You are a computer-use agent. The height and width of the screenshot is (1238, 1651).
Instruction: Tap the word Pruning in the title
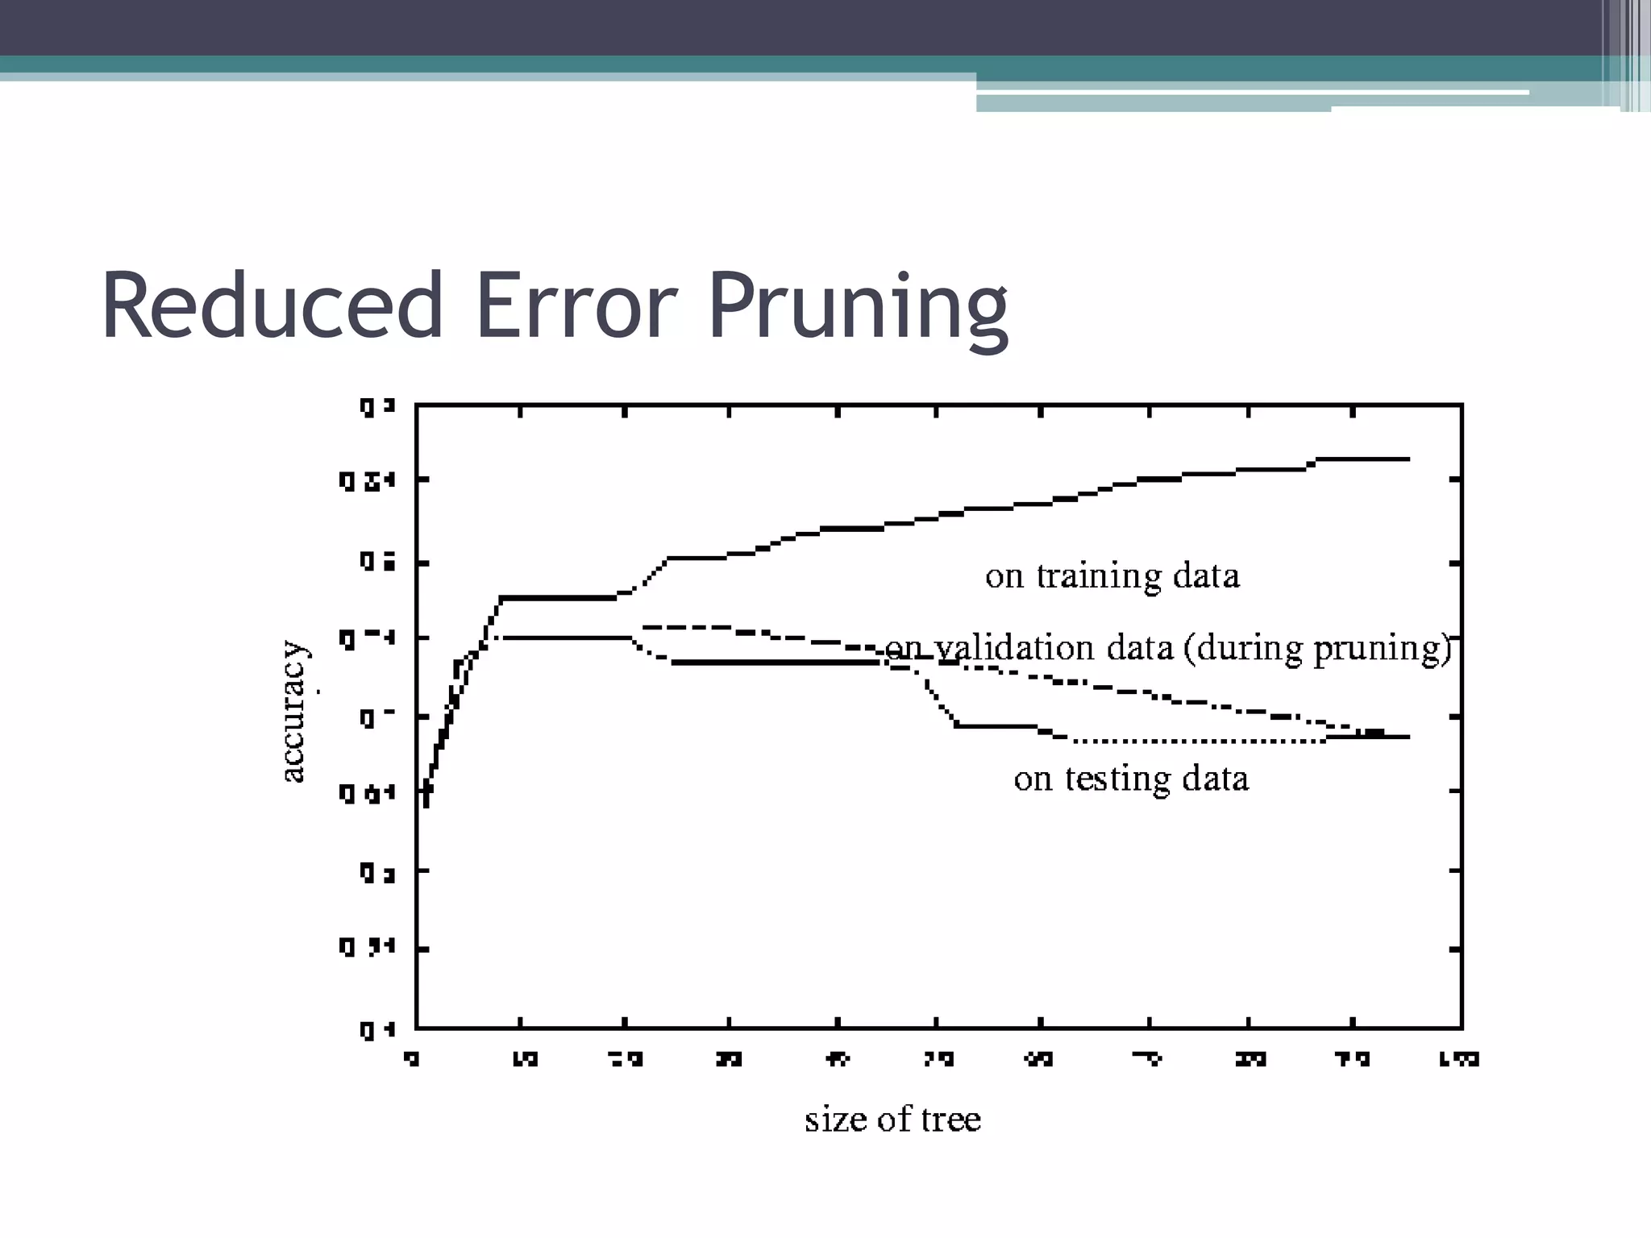point(858,307)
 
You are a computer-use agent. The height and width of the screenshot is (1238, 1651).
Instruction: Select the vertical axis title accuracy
point(293,712)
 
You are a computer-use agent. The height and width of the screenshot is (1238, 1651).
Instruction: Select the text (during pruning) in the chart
point(1317,648)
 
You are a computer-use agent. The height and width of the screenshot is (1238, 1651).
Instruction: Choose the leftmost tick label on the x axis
point(412,1058)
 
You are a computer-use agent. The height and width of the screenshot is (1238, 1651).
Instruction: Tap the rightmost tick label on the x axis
point(1459,1058)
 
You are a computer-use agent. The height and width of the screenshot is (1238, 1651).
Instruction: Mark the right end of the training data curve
point(1408,459)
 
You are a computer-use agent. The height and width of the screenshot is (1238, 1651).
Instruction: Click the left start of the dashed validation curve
point(645,626)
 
